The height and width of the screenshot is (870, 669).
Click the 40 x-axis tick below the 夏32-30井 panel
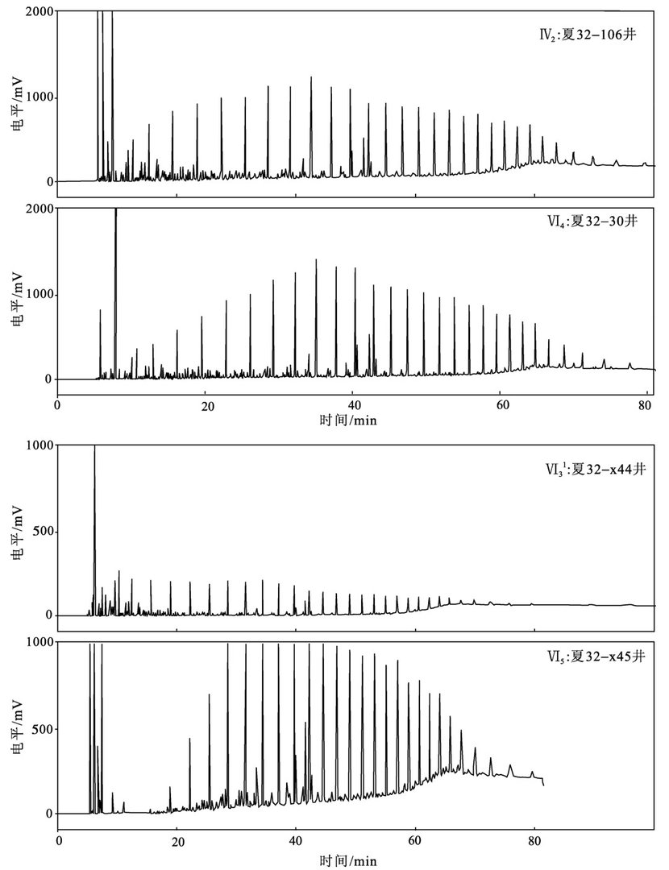(x=353, y=404)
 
